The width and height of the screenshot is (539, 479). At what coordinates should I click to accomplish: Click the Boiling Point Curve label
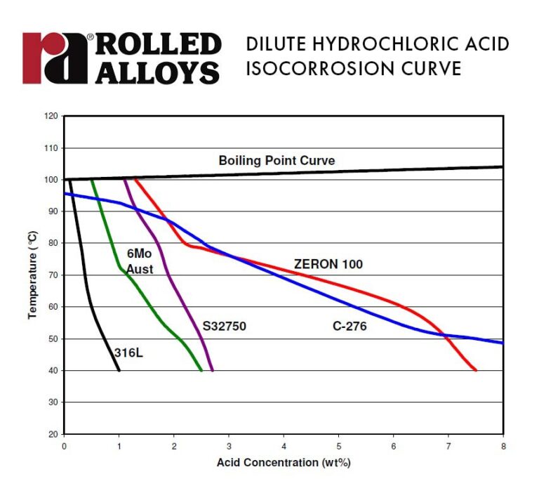click(x=277, y=161)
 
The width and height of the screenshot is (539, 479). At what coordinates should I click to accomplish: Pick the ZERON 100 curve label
click(x=328, y=264)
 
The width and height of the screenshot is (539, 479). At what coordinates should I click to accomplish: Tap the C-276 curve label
click(x=349, y=326)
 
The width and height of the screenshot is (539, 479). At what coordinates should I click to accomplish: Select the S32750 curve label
click(x=225, y=326)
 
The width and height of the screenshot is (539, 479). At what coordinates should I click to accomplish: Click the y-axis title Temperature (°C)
click(x=32, y=275)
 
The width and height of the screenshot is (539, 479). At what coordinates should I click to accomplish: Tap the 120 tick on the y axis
click(x=49, y=116)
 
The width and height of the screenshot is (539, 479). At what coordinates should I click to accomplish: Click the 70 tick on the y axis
click(x=51, y=275)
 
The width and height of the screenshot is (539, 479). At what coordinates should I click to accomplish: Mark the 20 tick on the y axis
click(x=51, y=434)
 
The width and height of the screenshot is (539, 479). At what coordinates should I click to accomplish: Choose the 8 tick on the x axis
click(x=503, y=445)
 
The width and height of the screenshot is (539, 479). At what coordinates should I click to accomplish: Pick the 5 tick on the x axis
click(x=339, y=445)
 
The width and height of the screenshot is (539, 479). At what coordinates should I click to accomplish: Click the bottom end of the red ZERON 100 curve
click(x=476, y=370)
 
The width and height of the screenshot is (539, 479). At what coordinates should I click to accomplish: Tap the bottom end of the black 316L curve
click(x=119, y=370)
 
